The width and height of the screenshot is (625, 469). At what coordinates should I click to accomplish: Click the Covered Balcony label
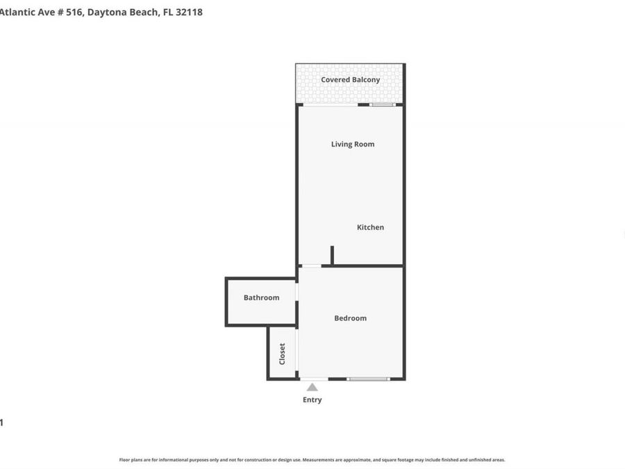(350, 80)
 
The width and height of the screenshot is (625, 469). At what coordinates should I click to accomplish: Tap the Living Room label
(352, 145)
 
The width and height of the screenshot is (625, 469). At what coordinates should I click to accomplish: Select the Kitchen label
(370, 227)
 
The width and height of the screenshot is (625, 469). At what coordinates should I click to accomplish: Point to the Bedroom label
(350, 318)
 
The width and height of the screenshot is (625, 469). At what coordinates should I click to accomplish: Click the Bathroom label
(261, 297)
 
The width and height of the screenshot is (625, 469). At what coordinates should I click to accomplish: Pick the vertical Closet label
(282, 354)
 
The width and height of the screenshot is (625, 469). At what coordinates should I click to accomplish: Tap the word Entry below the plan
(312, 400)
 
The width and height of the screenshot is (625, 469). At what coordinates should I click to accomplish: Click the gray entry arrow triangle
(312, 387)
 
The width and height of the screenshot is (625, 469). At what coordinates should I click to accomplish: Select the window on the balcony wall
(382, 105)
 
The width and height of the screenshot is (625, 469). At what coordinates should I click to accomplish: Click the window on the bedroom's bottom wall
(368, 379)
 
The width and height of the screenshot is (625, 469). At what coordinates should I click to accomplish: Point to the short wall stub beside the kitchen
(332, 255)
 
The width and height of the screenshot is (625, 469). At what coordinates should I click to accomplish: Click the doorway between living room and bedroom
(310, 265)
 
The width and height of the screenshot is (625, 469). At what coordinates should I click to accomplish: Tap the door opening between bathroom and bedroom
(297, 292)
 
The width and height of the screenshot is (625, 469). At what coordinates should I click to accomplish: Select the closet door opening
(297, 352)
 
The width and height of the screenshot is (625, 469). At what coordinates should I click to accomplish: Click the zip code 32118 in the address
(189, 12)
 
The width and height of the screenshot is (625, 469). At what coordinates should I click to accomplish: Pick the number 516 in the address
(72, 12)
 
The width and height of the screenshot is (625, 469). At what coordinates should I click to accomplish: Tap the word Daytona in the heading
(109, 12)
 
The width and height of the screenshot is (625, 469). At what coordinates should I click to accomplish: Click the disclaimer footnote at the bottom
(312, 460)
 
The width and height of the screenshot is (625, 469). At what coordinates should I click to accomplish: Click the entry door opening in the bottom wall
(314, 379)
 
